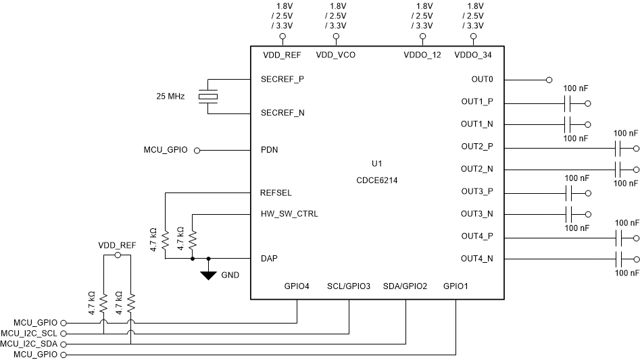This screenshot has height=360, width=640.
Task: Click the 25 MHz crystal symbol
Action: [x=208, y=97]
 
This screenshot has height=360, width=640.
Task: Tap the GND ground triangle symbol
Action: [x=209, y=274]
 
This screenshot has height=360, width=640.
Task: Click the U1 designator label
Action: [x=377, y=164]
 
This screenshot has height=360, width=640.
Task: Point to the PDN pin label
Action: [x=270, y=150]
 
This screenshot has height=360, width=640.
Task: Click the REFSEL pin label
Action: [x=276, y=192]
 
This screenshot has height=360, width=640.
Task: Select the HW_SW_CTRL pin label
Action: [x=289, y=214]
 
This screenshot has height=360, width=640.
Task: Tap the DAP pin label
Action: [x=270, y=258]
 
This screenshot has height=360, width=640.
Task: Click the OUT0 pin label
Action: [x=482, y=80]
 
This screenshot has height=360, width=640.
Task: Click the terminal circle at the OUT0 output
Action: [x=549, y=80]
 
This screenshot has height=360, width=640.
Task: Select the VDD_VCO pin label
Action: [x=336, y=55]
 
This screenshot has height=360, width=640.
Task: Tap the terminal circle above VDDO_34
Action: [x=473, y=36]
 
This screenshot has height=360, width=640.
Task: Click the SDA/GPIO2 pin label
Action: [x=405, y=286]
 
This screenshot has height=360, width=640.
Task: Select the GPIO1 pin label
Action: [x=456, y=286]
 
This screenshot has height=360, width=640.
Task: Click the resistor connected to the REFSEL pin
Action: [x=165, y=240]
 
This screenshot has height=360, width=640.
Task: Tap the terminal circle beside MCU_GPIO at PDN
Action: [x=197, y=151]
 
